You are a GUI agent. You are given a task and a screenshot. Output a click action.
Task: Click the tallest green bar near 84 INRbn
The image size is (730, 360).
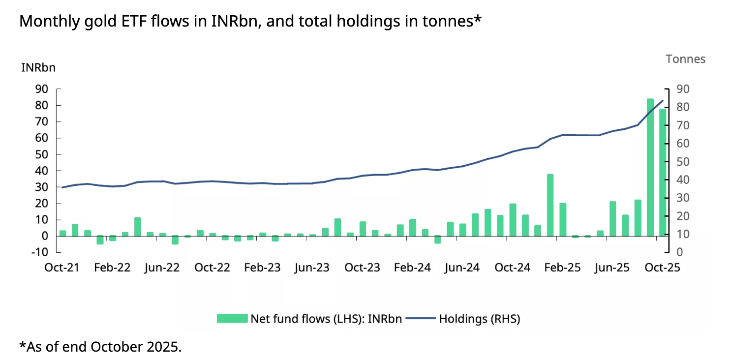650,167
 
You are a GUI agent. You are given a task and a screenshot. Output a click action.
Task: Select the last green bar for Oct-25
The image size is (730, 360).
662,172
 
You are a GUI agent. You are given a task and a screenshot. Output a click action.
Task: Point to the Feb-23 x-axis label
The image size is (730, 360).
262,268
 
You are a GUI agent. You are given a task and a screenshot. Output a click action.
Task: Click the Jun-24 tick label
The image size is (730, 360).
462,268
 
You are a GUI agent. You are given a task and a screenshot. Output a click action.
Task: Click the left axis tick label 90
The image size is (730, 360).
41,89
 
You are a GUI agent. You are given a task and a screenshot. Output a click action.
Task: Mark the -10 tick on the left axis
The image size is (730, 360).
39,252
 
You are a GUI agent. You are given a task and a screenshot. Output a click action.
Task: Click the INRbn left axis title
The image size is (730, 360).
38,68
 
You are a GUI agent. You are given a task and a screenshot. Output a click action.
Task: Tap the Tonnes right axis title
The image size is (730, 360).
685,59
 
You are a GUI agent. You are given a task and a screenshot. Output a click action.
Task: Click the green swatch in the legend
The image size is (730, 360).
232,319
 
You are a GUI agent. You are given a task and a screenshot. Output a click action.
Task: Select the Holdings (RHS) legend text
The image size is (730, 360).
479,319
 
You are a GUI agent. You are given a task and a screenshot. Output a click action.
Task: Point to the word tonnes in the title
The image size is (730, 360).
444,22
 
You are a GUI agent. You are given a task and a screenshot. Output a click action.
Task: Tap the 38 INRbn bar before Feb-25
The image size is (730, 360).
550,205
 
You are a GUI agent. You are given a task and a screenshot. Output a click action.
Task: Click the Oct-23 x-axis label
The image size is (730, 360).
362,268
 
